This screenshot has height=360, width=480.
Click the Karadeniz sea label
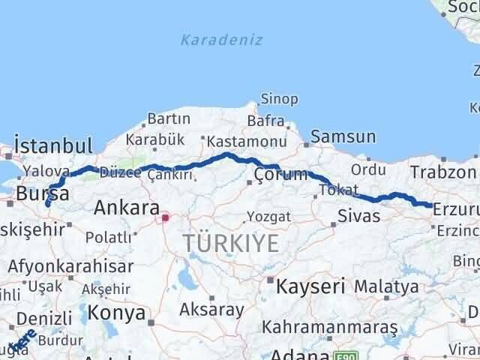pyautogui.click(x=221, y=40)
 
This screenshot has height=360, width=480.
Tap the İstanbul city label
pyautogui.click(x=53, y=145)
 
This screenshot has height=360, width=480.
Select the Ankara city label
pyautogui.click(x=126, y=208)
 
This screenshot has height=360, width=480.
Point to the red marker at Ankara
pyautogui.click(x=166, y=218)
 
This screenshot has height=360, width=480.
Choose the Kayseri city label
pyautogui.click(x=310, y=286)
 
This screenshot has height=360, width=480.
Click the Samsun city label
pyautogui.click(x=343, y=136)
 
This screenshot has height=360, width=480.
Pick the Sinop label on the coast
pyautogui.click(x=279, y=99)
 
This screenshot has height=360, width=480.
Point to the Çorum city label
pyautogui.click(x=281, y=175)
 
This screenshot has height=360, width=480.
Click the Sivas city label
pyautogui.click(x=359, y=217)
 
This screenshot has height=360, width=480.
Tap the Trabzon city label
pyautogui.click(x=439, y=172)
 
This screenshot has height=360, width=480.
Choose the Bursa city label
pyautogui.click(x=43, y=193)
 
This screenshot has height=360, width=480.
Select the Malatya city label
pyautogui.click(x=386, y=286)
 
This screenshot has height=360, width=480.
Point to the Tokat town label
pyautogui.click(x=339, y=190)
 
